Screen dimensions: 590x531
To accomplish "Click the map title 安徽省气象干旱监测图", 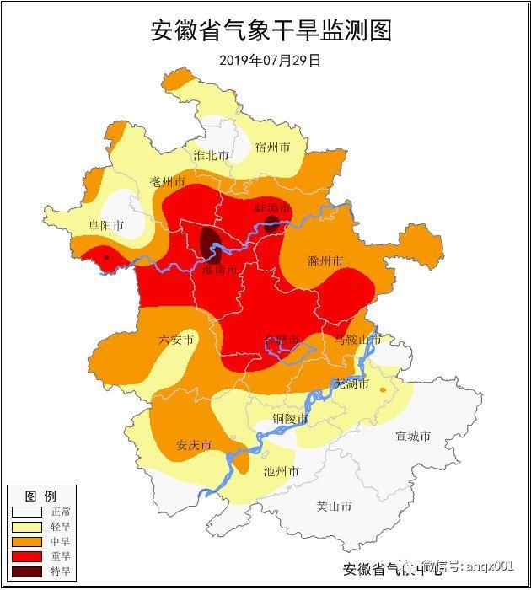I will click(271, 30).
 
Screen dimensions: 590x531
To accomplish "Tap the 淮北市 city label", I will click(211, 155).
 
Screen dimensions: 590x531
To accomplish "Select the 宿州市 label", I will click(272, 147).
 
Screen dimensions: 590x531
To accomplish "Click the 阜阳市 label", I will click(106, 226).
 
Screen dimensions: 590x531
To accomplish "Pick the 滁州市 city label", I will click(325, 260).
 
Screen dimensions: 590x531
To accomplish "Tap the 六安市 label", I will click(176, 340).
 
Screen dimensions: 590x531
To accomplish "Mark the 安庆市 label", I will click(193, 445).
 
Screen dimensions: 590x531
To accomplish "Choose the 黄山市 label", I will click(334, 507).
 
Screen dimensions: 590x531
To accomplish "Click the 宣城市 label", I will click(413, 436).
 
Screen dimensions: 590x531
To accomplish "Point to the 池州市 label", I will click(281, 471).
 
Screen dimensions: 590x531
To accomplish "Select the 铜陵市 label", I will click(290, 419).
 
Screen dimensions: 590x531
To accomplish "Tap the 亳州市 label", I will click(167, 182).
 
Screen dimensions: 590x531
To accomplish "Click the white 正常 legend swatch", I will click(25, 512).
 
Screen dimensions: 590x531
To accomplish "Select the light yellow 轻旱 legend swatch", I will click(25, 527).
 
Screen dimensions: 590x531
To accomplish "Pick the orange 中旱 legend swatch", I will click(25, 542).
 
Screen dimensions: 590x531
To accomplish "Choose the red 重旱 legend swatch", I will click(25, 556).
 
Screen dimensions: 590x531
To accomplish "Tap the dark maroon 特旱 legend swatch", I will click(25, 571).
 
